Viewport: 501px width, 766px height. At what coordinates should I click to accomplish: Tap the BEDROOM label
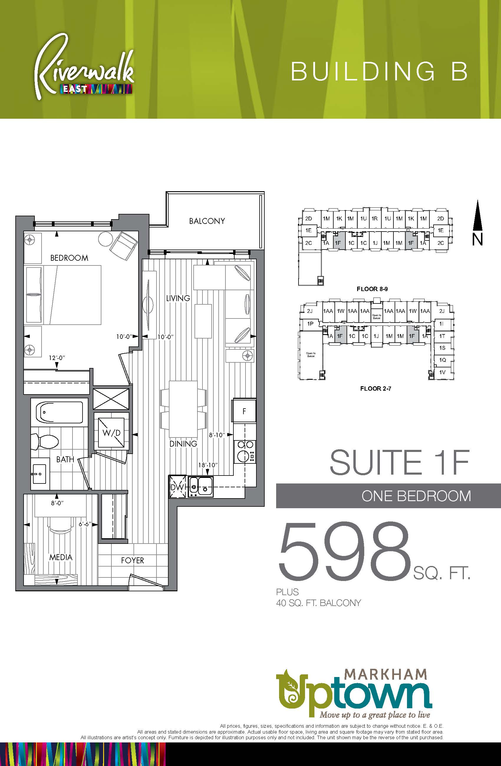[69, 258]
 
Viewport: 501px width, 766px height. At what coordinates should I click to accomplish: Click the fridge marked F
[244, 411]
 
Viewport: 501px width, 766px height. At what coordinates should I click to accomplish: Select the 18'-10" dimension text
[208, 465]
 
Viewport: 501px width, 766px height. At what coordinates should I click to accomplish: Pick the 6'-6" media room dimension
[85, 524]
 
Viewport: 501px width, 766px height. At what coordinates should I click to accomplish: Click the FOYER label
[132, 560]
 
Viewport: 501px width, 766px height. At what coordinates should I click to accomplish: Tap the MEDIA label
[61, 557]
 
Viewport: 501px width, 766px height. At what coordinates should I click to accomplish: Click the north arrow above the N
[478, 215]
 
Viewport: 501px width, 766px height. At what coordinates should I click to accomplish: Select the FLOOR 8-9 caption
[372, 289]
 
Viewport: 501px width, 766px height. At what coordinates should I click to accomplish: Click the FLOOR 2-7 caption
[376, 389]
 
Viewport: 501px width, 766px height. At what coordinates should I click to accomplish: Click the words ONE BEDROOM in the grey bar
[416, 496]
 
